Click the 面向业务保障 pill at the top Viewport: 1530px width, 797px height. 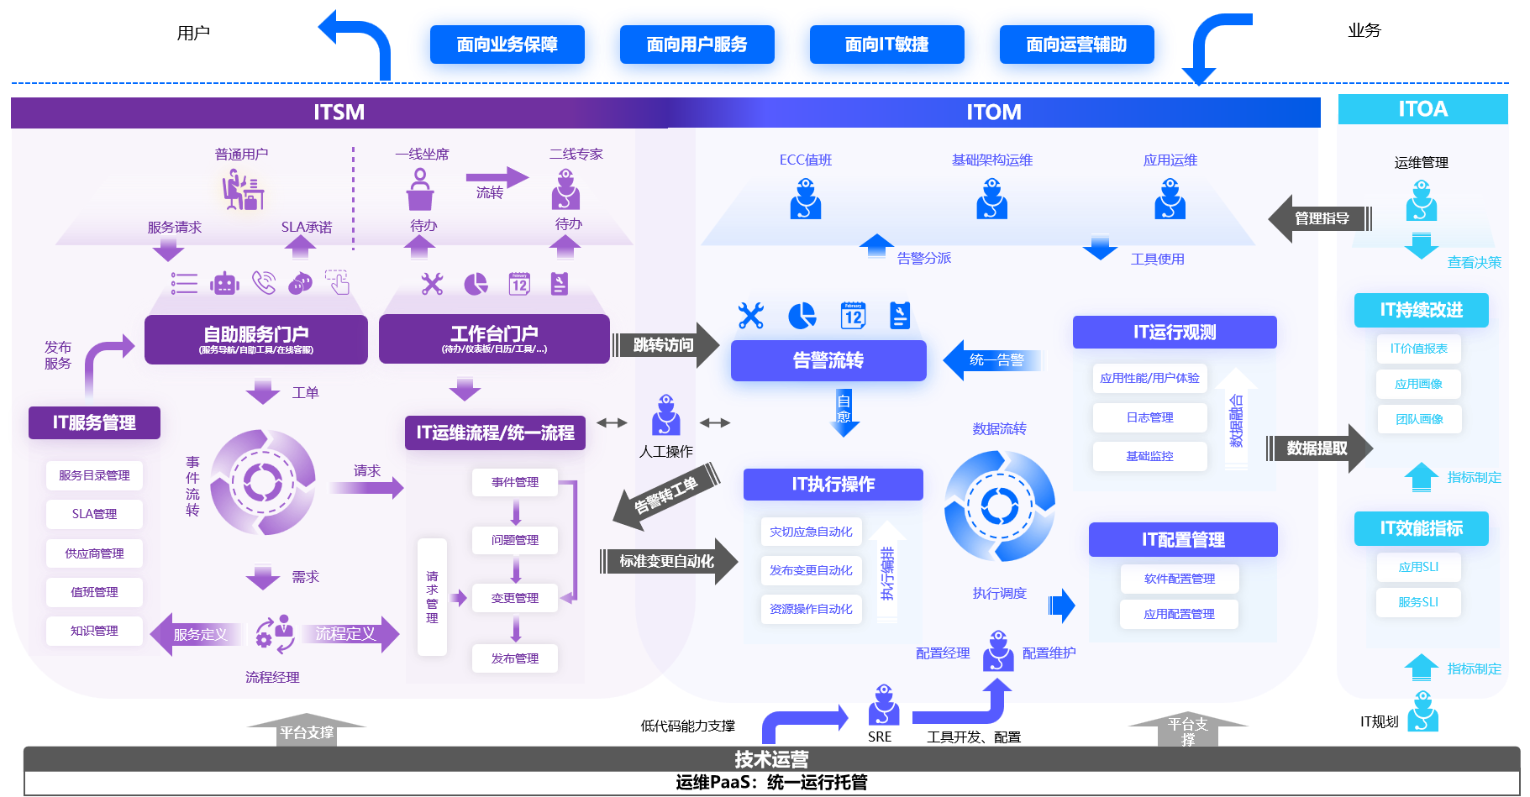tap(507, 45)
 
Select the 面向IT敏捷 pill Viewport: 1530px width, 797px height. tap(886, 45)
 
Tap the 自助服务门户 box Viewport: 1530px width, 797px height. tap(256, 338)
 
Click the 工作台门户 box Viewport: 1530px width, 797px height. tap(494, 338)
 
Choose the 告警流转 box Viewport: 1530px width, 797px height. tap(828, 360)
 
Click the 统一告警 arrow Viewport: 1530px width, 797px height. tap(996, 360)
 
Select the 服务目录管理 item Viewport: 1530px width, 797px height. tap(94, 475)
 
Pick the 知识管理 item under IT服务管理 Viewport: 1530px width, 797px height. tap(94, 631)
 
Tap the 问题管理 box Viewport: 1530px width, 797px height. tap(515, 540)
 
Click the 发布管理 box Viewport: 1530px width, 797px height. tap(515, 658)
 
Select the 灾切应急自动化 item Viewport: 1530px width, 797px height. tap(811, 532)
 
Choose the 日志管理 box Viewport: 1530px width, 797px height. tap(1149, 417)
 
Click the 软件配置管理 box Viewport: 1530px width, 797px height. tap(1180, 579)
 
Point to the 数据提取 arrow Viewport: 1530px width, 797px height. tap(1317, 448)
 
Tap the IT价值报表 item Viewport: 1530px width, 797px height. tap(1418, 349)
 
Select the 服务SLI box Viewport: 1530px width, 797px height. tap(1418, 602)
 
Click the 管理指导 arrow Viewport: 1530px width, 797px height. tap(1321, 219)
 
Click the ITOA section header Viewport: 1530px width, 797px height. tap(1422, 109)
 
